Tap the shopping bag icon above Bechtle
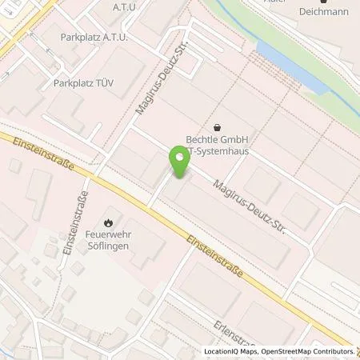(x=217, y=126)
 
